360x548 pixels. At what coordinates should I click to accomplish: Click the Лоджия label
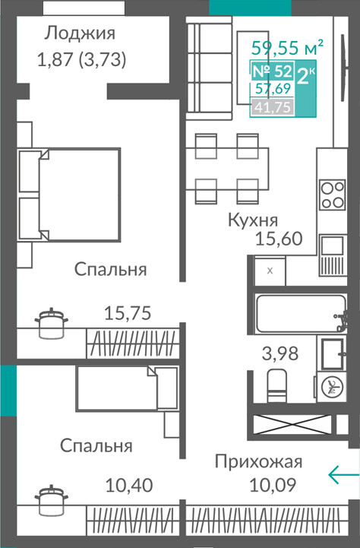[80, 34]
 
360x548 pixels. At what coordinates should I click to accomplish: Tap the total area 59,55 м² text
[287, 48]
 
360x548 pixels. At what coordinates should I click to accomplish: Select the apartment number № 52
[272, 71]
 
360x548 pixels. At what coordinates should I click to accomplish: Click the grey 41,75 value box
[273, 107]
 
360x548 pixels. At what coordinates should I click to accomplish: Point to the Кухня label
[253, 220]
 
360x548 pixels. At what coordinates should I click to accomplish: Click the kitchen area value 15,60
[279, 239]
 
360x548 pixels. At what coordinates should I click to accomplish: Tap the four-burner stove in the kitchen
[333, 195]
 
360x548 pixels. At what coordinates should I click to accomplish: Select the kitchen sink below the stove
[332, 255]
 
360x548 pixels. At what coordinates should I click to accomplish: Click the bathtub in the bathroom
[301, 313]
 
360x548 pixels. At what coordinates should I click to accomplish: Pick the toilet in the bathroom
[277, 385]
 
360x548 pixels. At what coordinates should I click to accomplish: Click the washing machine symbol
[331, 387]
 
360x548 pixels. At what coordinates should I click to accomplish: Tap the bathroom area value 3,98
[280, 353]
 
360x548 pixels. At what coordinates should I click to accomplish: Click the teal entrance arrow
[343, 474]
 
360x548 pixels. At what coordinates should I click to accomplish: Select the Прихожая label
[258, 462]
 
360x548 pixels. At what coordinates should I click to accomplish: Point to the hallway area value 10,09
[273, 485]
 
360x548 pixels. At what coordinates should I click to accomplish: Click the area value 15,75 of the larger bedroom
[128, 313]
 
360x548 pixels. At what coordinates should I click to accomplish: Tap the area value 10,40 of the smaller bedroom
[129, 486]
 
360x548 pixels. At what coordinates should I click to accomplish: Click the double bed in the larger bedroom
[69, 195]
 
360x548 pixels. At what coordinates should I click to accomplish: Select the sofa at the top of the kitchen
[209, 68]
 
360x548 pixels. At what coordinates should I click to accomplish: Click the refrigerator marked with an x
[270, 271]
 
